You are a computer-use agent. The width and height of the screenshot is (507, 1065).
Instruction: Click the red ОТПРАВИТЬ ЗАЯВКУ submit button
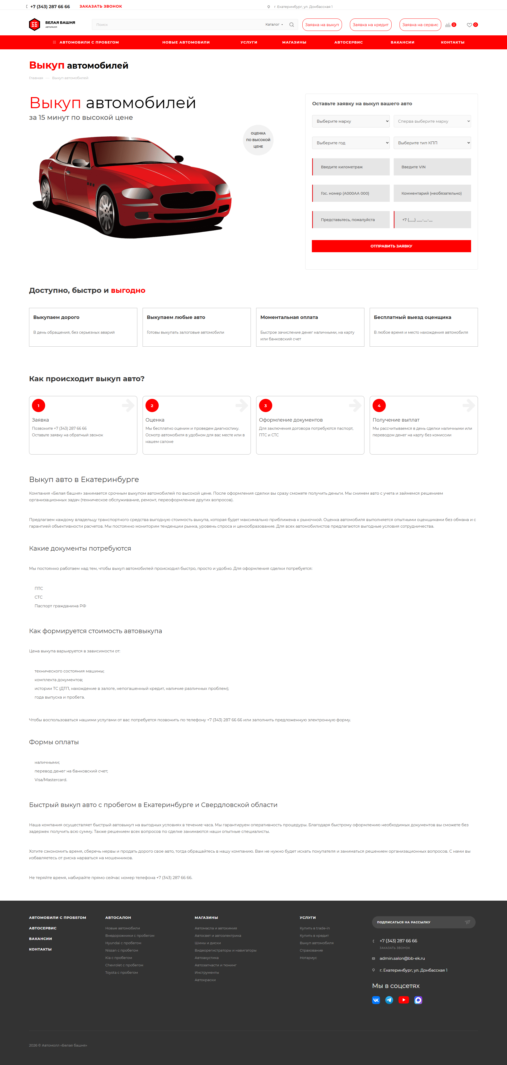[391, 246]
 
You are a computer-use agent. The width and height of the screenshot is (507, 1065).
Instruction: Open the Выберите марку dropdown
[351, 121]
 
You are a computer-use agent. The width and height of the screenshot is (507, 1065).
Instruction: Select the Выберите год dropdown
[351, 143]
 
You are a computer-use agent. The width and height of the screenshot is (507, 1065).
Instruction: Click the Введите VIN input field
[432, 167]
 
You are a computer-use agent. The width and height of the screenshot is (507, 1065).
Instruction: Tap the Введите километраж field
[351, 167]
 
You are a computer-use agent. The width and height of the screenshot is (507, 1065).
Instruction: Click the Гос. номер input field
[351, 193]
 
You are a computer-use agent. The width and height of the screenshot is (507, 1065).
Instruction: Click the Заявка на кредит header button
[370, 25]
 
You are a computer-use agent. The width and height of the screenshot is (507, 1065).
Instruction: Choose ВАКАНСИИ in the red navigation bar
[402, 42]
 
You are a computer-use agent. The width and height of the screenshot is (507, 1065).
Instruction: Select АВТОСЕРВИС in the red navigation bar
[349, 42]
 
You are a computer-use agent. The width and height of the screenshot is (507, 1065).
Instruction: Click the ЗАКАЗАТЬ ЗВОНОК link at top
[101, 7]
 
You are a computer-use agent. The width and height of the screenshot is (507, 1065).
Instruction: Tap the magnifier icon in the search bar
[292, 25]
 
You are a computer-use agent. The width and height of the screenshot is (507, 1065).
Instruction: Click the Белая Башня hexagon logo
[34, 25]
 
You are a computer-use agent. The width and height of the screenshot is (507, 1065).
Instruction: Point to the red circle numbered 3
[266, 405]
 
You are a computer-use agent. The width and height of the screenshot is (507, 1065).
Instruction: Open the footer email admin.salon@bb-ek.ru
[402, 958]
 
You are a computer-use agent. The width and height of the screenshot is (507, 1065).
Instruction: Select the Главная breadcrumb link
[36, 78]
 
